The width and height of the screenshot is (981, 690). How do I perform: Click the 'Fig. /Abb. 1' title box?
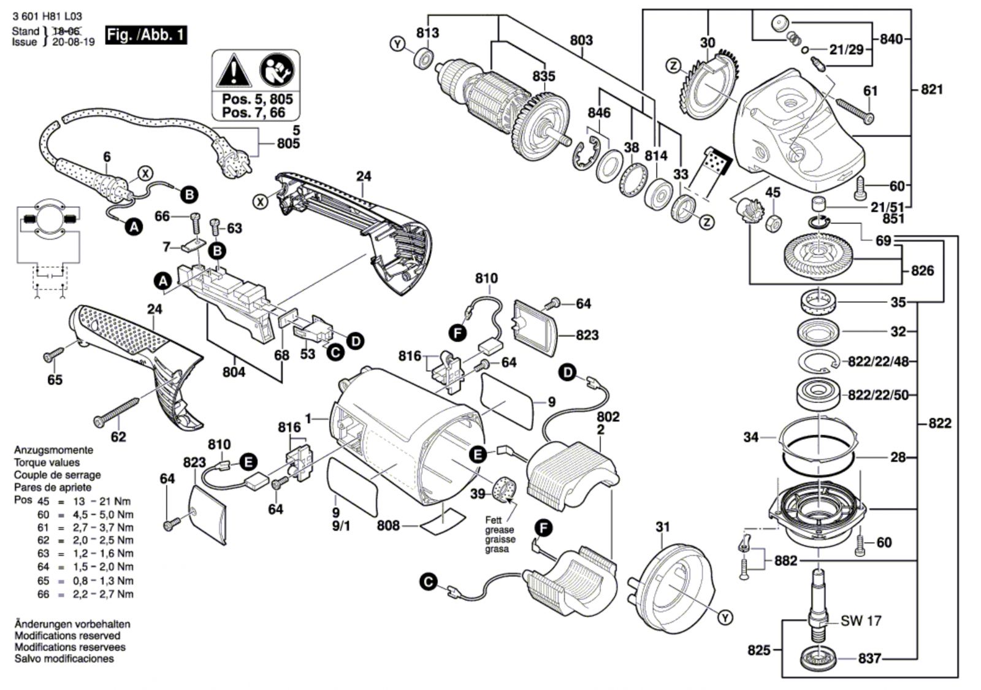145,34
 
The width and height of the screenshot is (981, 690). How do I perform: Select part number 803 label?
581,40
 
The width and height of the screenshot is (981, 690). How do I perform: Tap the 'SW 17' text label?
861,621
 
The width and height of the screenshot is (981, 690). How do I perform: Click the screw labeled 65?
53,354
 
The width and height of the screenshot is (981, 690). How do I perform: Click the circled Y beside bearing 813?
398,44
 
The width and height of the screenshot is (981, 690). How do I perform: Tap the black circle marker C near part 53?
335,352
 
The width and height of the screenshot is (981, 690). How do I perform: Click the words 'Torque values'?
47,462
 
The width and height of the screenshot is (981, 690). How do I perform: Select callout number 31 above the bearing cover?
662,527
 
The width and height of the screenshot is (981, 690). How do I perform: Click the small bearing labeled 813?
423,59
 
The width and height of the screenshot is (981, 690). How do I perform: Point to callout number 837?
869,658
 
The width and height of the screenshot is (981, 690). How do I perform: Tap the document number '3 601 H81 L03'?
47,17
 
